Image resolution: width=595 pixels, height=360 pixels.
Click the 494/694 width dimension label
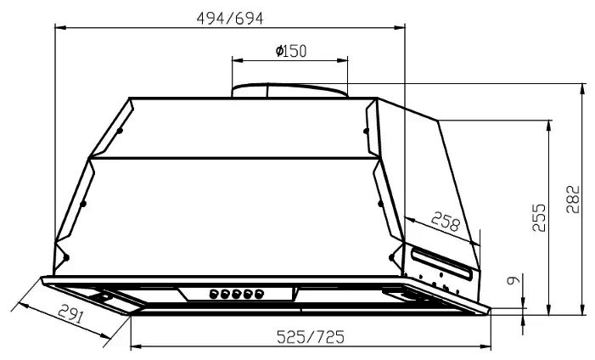tap(230, 18)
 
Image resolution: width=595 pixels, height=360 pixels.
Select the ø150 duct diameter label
tap(291, 51)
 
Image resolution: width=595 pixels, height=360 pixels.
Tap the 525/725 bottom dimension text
tap(311, 336)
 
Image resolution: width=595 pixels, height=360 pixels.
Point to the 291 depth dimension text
tap(70, 314)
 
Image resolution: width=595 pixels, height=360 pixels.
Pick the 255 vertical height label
tap(538, 217)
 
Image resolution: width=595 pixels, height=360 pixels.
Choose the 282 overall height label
tap(573, 199)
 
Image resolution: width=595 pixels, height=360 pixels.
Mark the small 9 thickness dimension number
tap(513, 280)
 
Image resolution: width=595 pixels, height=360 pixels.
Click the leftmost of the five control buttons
tap(214, 294)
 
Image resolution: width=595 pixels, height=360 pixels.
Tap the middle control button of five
tap(237, 294)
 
